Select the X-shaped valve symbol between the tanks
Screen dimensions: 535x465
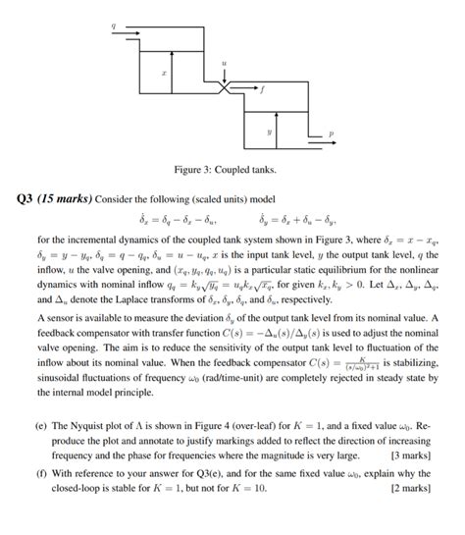pos(227,89)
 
